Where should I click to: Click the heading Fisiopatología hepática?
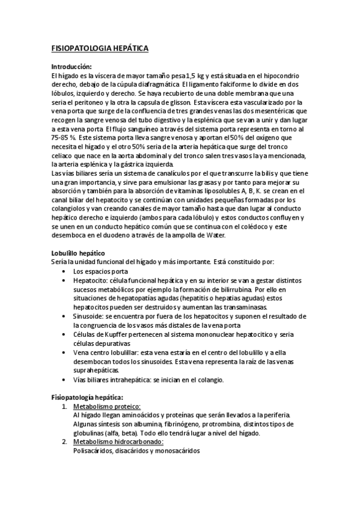[87, 398]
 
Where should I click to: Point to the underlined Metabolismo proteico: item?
[105, 407]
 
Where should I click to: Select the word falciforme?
[233, 84]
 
